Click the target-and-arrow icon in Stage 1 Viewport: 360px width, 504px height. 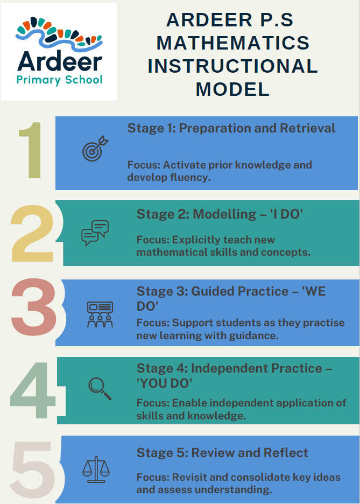(95, 149)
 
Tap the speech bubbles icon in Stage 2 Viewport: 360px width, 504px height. (95, 233)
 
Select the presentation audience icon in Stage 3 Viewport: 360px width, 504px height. (100, 314)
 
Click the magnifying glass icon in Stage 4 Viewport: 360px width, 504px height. (100, 389)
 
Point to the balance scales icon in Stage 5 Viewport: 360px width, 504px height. (96, 470)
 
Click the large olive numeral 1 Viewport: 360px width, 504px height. (31, 150)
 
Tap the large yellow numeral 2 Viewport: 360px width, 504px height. (32, 233)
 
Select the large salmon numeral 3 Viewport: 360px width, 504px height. (34, 307)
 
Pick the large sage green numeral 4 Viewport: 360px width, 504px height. (33, 390)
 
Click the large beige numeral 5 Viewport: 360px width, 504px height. (33, 470)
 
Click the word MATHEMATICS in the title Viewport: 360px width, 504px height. (233, 43)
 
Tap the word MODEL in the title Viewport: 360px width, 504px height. (233, 89)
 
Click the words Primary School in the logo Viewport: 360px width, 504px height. (59, 80)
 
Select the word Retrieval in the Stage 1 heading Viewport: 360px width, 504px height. (307, 128)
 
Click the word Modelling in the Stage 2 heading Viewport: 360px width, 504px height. (224, 214)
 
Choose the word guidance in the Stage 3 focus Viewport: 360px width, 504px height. (253, 335)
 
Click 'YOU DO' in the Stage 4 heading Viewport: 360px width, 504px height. (165, 383)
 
